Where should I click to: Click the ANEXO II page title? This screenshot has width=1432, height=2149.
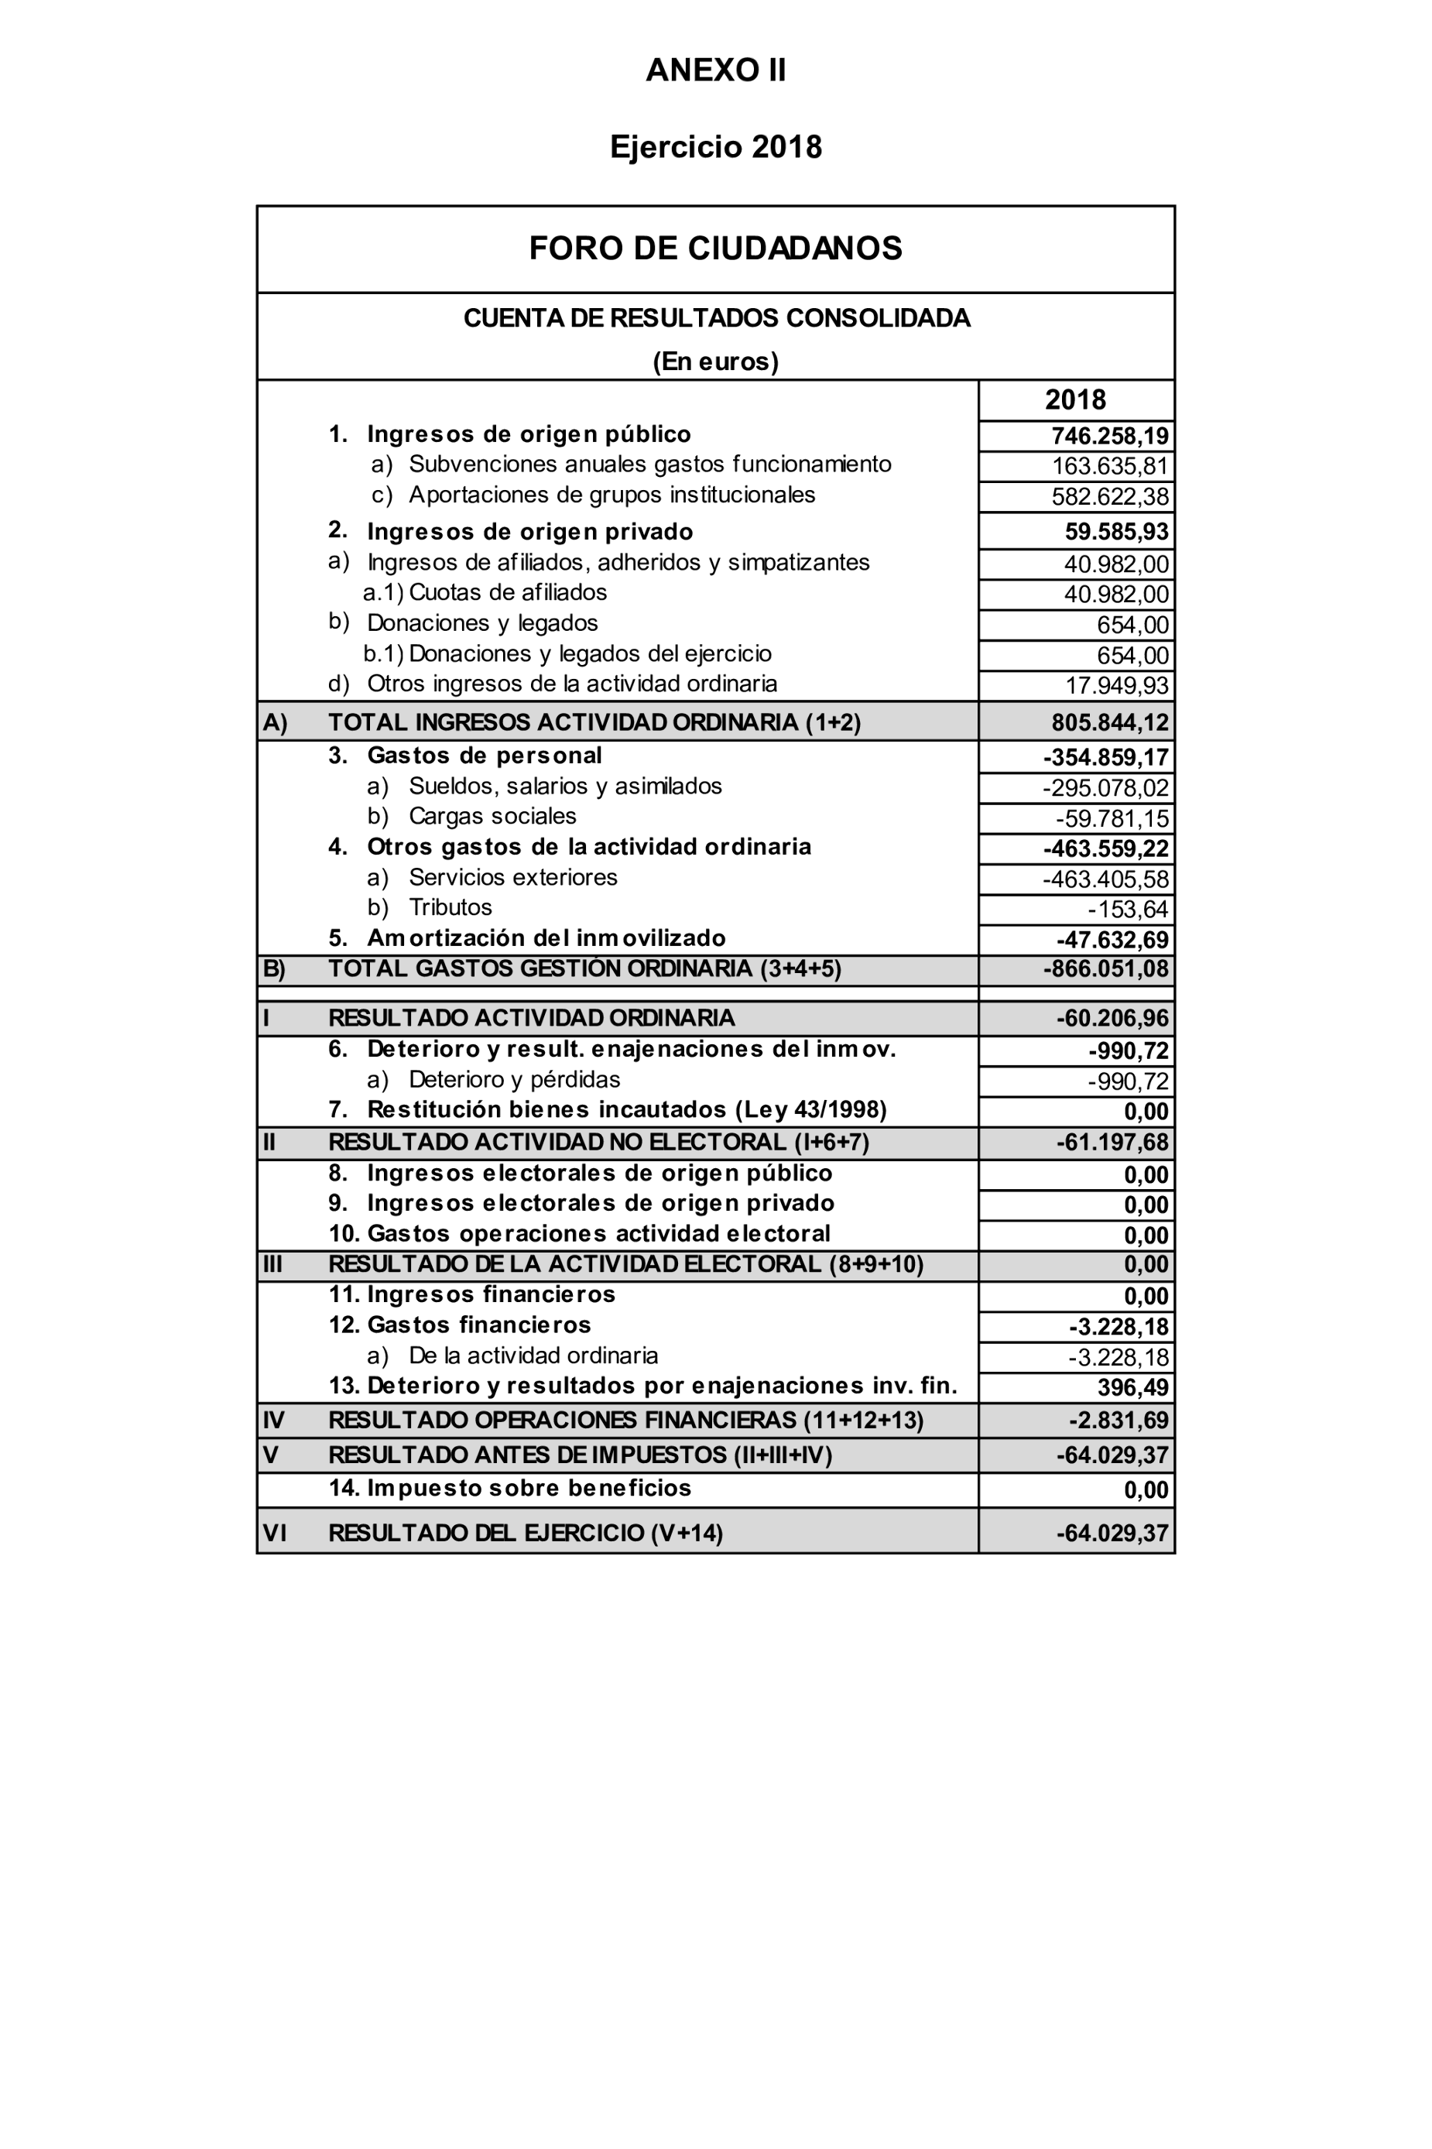coord(715,70)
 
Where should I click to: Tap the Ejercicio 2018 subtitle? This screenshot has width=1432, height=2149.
coord(715,147)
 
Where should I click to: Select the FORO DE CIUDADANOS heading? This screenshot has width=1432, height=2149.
coord(715,248)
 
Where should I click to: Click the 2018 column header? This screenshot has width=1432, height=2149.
coord(1075,400)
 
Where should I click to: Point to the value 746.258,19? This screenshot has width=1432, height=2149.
coord(1110,436)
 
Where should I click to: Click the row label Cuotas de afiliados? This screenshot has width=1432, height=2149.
coord(507,593)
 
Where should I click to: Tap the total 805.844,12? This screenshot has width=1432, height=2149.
coord(1110,722)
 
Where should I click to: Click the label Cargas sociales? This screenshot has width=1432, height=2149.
coord(492,816)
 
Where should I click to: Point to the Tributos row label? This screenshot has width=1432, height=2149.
coord(450,907)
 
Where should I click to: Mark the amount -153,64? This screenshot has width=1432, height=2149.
coord(1128,910)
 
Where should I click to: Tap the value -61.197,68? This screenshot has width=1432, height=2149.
coord(1112,1143)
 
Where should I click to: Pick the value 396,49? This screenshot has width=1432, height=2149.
coord(1132,1387)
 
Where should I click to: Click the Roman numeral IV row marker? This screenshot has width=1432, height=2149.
coord(273,1421)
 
